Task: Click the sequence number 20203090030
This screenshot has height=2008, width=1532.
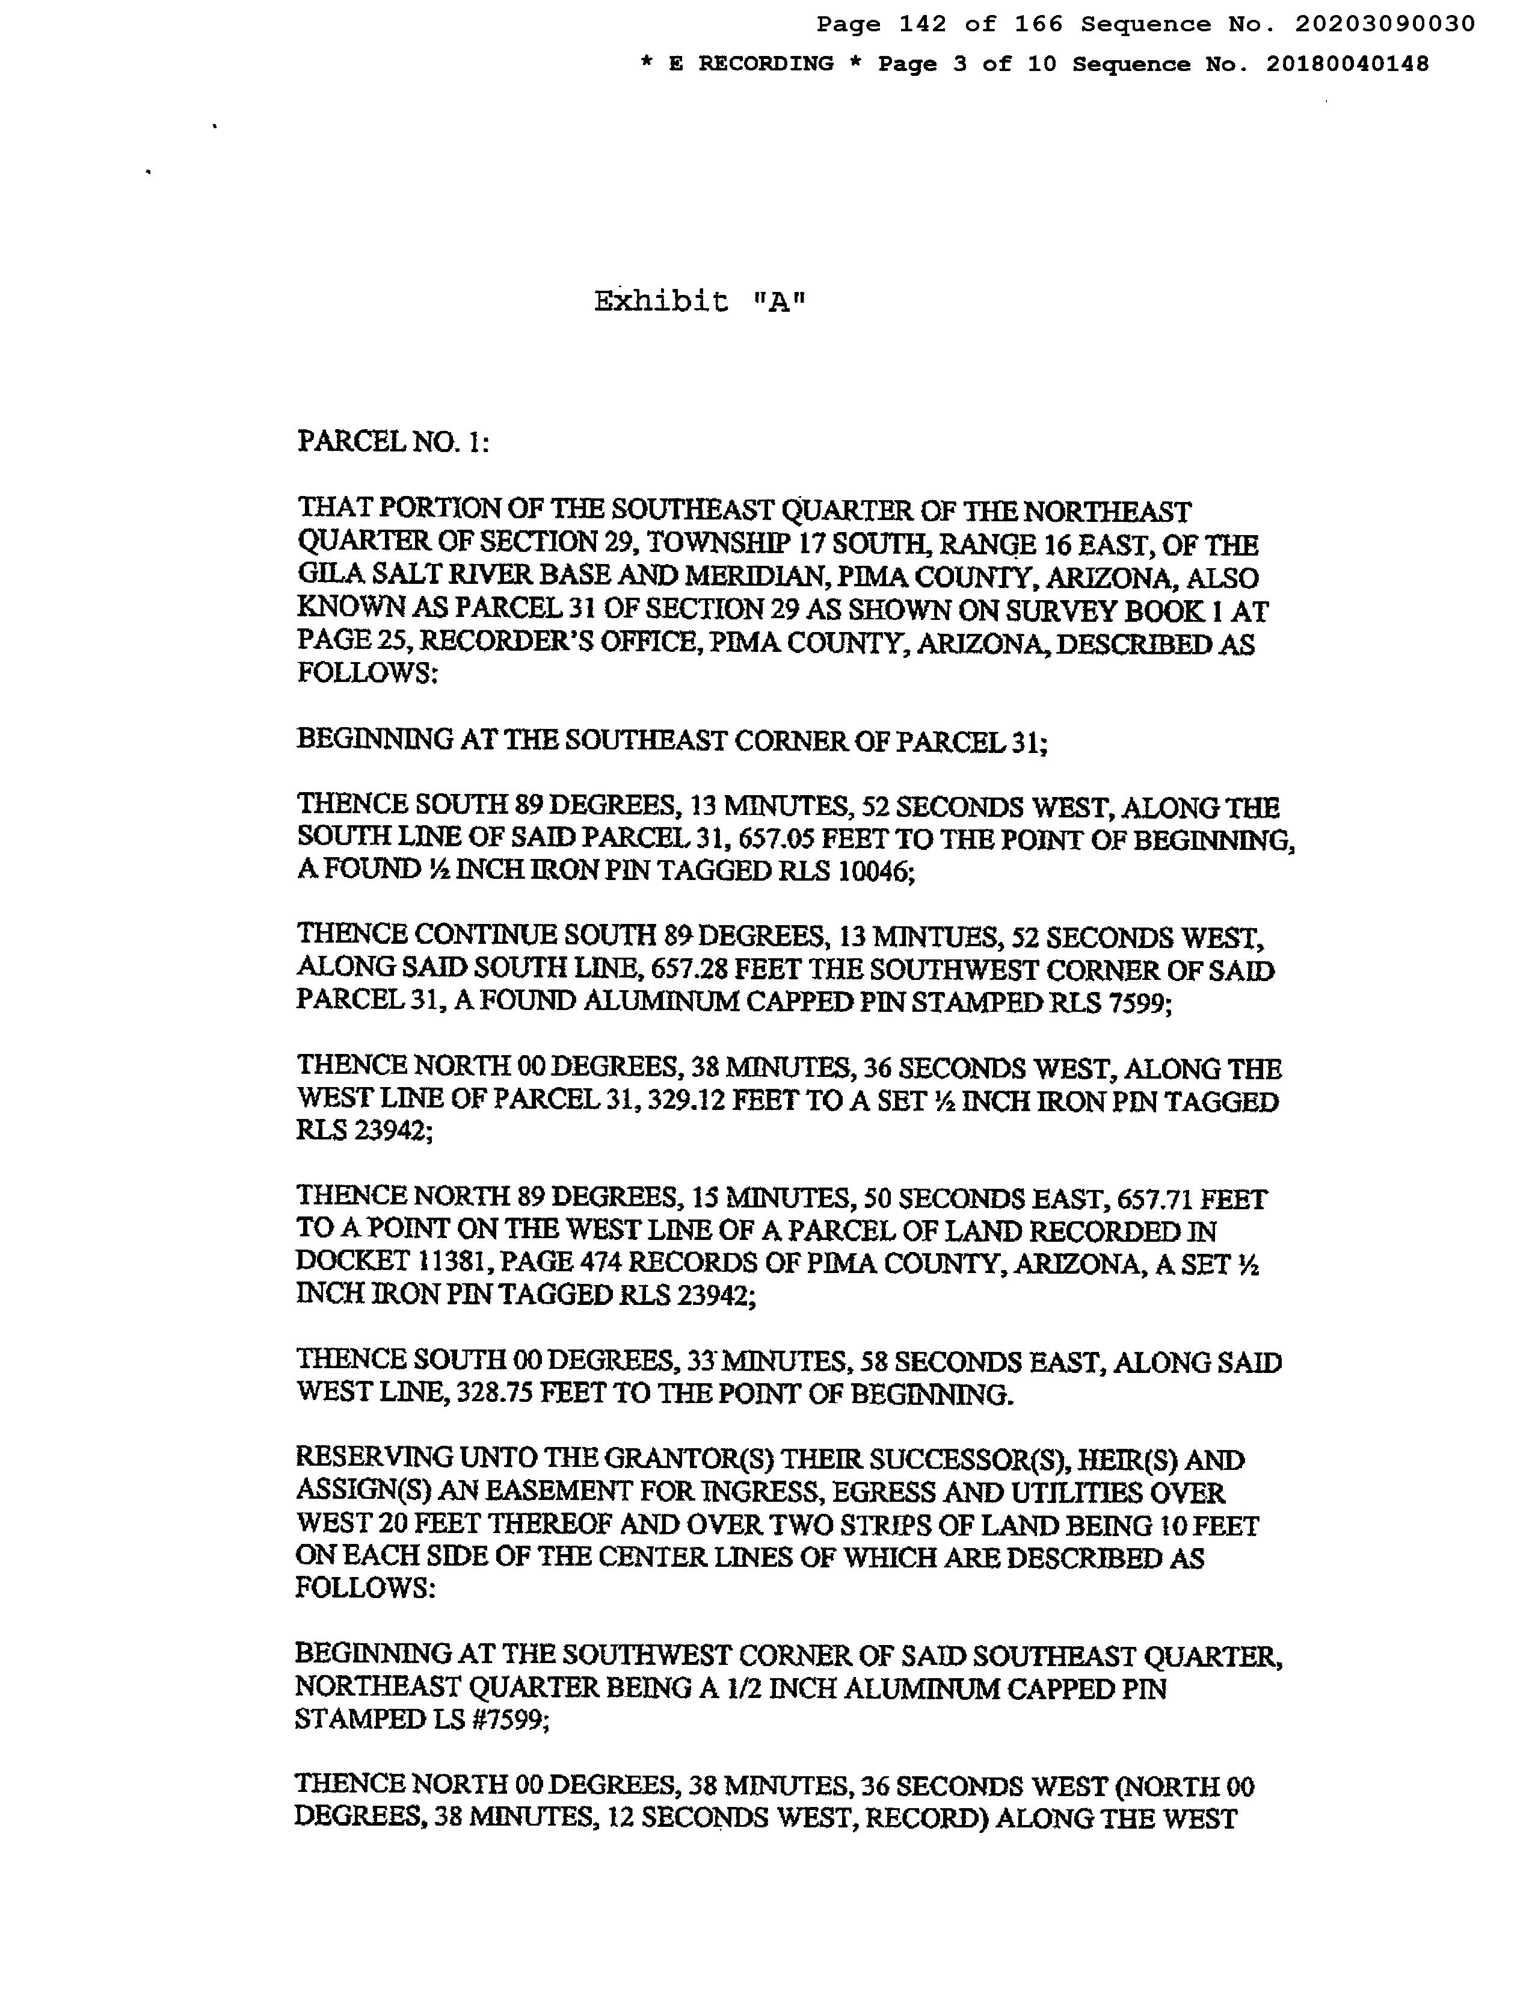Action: pos(1384,25)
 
